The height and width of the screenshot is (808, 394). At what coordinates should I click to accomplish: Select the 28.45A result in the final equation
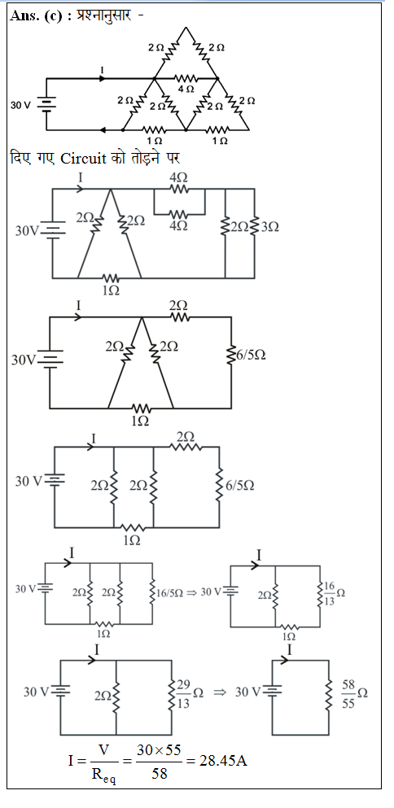click(x=223, y=760)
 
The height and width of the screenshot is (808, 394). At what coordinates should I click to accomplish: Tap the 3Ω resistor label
click(x=269, y=226)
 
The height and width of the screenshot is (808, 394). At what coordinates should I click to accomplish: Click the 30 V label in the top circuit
click(x=20, y=106)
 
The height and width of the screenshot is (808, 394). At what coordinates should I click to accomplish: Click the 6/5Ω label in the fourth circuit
click(x=240, y=486)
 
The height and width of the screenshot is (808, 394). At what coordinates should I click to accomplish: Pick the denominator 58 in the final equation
click(x=160, y=774)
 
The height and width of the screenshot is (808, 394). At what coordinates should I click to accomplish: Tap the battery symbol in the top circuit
click(x=46, y=105)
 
